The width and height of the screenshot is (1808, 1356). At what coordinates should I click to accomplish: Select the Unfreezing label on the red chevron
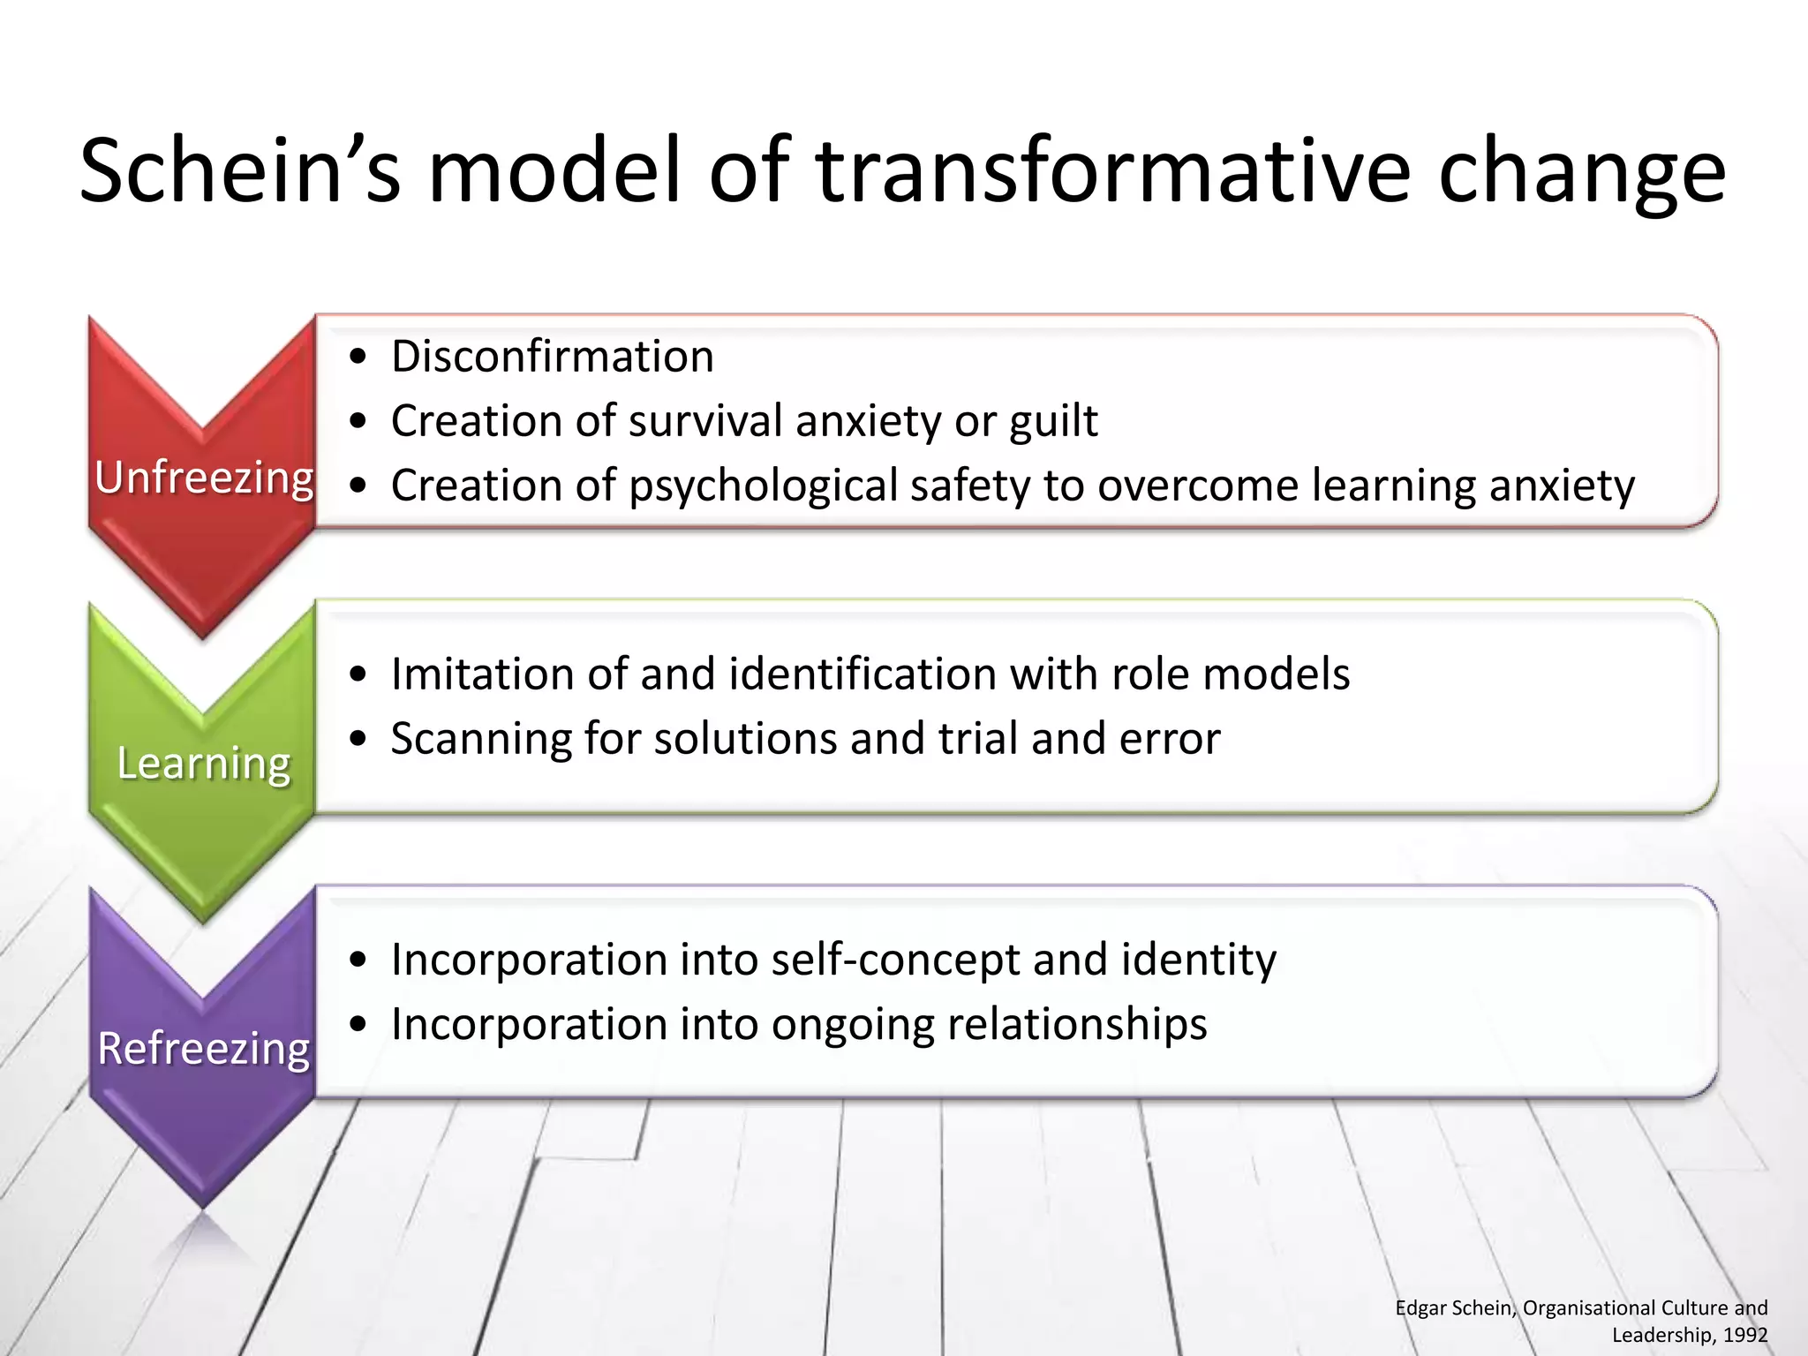tap(204, 478)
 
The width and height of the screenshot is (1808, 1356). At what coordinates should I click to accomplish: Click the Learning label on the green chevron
tap(204, 763)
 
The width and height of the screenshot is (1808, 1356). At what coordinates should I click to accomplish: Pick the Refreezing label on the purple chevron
tap(204, 1048)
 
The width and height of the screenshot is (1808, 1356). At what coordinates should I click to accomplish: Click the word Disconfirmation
tap(553, 357)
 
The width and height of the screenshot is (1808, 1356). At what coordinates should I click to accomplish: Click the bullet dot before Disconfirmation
tap(358, 358)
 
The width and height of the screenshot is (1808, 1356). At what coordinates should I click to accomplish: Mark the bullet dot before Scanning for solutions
tap(358, 739)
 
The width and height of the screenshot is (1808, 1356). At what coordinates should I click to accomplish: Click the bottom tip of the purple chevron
tap(203, 1204)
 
